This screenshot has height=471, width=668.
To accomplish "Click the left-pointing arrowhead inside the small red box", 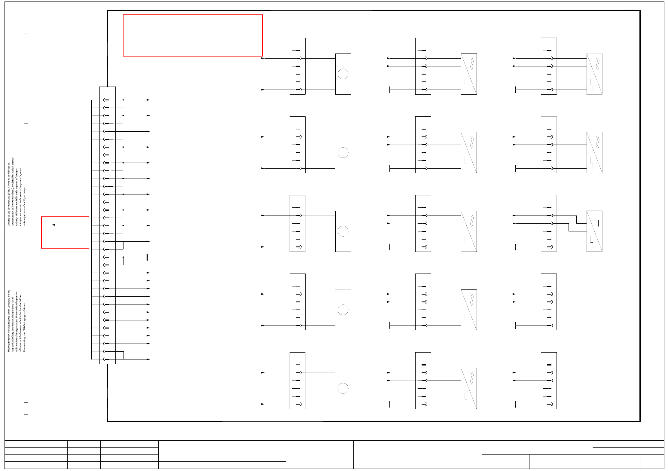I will point(53,225).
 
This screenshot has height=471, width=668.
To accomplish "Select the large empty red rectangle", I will point(193,35).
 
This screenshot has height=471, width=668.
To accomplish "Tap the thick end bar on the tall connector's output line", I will point(147,257).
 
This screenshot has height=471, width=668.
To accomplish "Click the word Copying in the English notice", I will point(9,221).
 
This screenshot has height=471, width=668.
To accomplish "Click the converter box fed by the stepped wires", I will point(594,231).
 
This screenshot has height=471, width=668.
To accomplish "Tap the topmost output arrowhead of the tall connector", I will point(148,100).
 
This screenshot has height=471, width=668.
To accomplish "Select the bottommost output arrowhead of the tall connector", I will point(148,359).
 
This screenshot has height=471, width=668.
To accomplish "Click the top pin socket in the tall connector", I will point(106,100).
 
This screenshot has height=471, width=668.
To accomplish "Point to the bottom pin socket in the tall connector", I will point(106,359).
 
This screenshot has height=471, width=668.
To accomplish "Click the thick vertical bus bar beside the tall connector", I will point(92,229).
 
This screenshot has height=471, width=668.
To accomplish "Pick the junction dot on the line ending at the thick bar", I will point(123,257).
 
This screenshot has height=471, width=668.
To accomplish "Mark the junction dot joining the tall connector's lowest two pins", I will point(123,351).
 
